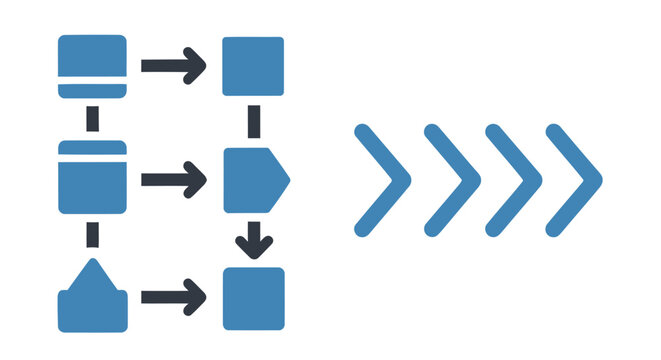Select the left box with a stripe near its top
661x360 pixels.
[92, 184]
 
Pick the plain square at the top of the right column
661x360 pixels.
[253, 67]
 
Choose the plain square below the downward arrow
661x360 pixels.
[253, 298]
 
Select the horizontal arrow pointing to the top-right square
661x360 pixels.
[173, 66]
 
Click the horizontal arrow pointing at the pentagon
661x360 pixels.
[173, 180]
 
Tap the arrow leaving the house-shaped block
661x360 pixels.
[173, 297]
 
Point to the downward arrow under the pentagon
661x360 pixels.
[254, 238]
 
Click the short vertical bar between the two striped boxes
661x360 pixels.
[93, 119]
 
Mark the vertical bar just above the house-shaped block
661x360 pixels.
[93, 236]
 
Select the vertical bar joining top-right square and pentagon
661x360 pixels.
[254, 122]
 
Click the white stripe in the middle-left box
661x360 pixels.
[92, 159]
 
